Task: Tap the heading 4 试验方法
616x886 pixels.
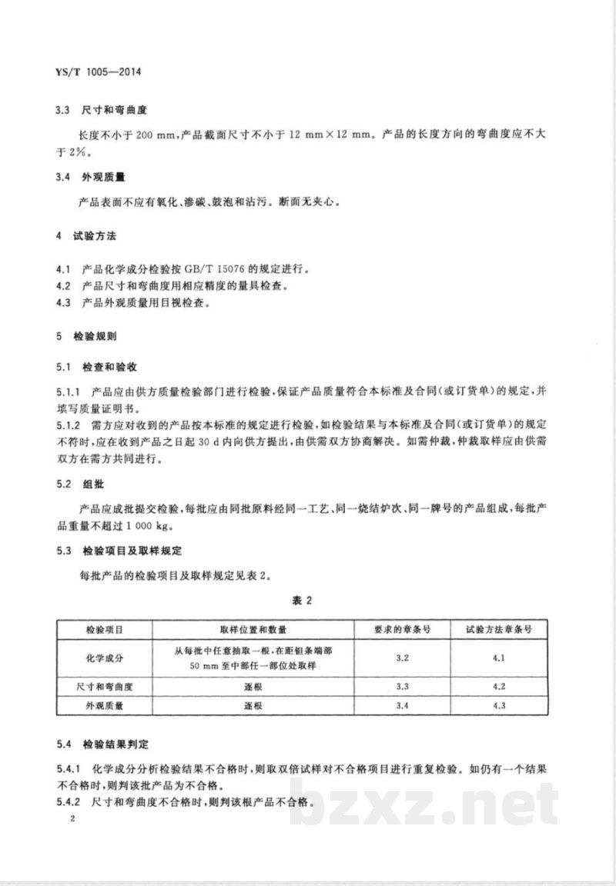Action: click(x=85, y=231)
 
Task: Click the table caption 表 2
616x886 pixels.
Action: click(x=308, y=600)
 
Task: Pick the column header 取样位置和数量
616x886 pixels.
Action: click(x=253, y=628)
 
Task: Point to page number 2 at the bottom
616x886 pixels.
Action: click(x=71, y=821)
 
